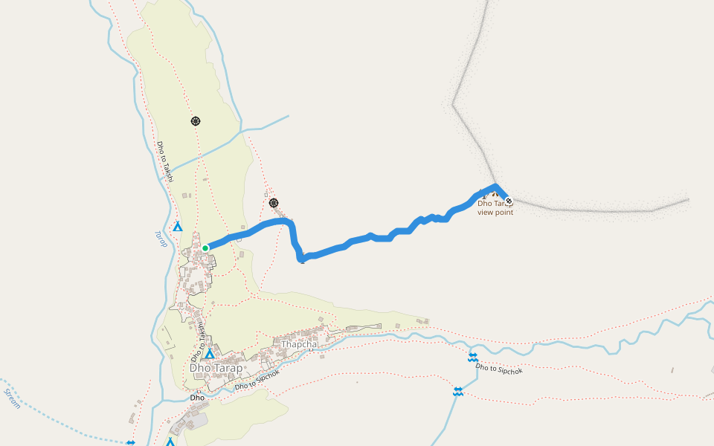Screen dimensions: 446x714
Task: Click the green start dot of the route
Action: click(x=205, y=248)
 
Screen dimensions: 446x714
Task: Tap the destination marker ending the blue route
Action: click(x=509, y=200)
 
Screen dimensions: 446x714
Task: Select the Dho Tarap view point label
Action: click(x=495, y=207)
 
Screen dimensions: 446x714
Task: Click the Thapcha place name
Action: click(x=299, y=344)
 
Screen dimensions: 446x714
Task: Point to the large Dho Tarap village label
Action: click(x=216, y=368)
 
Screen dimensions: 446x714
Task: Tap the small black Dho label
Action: click(x=197, y=398)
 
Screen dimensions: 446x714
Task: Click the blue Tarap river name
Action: click(x=161, y=239)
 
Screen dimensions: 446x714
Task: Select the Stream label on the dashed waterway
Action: click(x=12, y=398)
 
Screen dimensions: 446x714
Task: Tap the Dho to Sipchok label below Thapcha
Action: click(x=257, y=380)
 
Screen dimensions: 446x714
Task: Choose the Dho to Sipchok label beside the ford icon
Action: click(x=499, y=367)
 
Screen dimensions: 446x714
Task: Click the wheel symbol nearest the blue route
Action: click(x=274, y=202)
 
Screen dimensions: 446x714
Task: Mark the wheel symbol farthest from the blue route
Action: click(x=196, y=120)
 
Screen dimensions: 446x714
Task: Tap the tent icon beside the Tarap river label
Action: click(x=177, y=226)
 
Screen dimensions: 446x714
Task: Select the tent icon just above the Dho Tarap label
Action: click(x=210, y=354)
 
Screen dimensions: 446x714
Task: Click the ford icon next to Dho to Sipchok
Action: click(x=472, y=358)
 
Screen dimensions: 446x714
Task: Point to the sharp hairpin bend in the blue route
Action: click(x=300, y=259)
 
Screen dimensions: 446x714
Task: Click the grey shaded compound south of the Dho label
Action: click(x=197, y=421)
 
